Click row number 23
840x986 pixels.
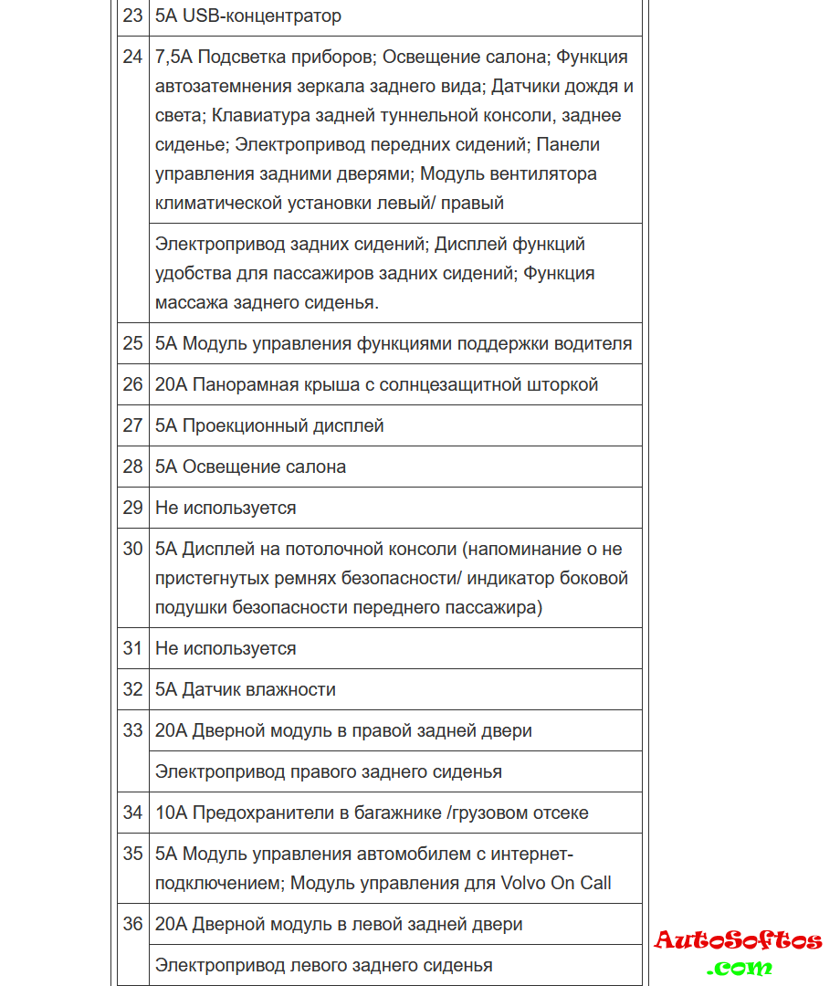coord(132,16)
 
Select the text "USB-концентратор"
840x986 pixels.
coord(262,16)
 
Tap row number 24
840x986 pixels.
coord(132,57)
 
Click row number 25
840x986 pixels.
coord(132,343)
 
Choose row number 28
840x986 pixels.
coord(132,467)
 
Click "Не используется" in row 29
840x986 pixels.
coord(226,508)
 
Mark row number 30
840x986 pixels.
coord(132,549)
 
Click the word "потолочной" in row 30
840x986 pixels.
coord(333,549)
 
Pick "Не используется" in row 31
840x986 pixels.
coord(226,648)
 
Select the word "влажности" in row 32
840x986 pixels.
coord(293,689)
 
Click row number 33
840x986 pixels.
coord(132,730)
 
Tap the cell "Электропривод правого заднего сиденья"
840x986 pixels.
coord(329,771)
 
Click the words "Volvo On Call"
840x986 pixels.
coord(556,883)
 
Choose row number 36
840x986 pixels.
coord(132,924)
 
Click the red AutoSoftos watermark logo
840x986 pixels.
coord(738,941)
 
